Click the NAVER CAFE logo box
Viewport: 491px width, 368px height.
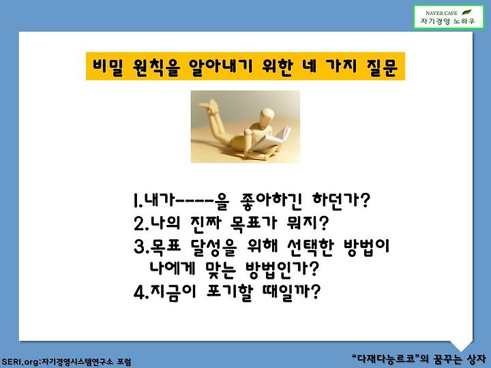click(x=449, y=17)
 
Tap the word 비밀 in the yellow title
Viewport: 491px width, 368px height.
click(x=107, y=67)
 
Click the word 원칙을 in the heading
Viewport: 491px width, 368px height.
click(x=156, y=67)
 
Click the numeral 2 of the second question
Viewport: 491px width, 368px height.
click(x=139, y=224)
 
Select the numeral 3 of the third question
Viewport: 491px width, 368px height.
click(x=139, y=247)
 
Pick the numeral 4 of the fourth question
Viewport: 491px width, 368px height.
click(x=139, y=292)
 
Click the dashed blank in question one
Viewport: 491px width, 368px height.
click(x=195, y=201)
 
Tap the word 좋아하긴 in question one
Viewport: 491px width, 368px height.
click(x=270, y=200)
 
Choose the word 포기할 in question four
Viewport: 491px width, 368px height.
click(x=230, y=292)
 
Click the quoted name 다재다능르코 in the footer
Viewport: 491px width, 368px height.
click(x=385, y=358)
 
